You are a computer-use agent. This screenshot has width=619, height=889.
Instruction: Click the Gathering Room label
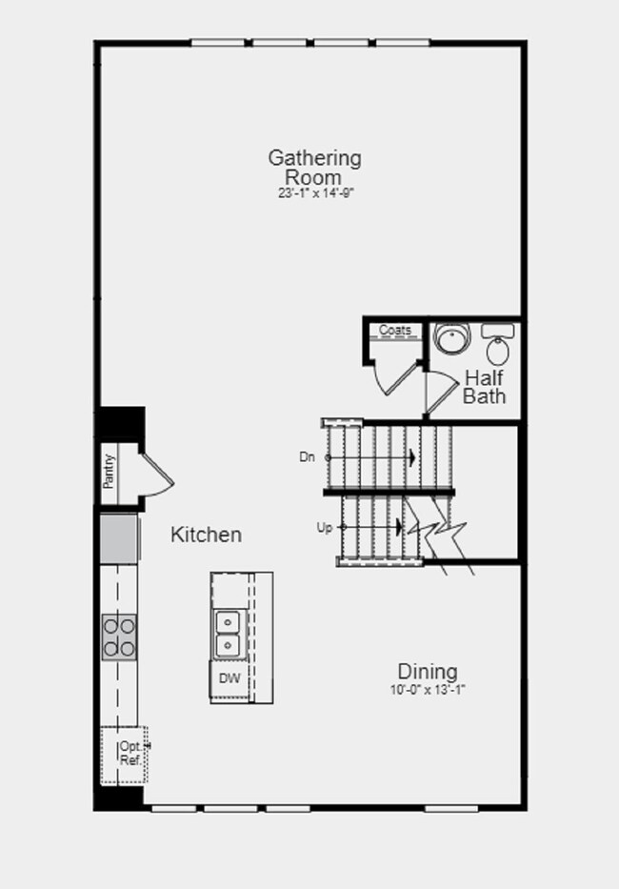pyautogui.click(x=314, y=168)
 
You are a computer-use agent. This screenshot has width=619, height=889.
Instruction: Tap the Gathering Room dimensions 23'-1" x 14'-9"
pyautogui.click(x=316, y=193)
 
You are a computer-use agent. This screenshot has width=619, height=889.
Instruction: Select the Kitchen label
pyautogui.click(x=207, y=535)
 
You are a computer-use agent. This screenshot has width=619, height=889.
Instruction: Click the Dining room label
pyautogui.click(x=428, y=672)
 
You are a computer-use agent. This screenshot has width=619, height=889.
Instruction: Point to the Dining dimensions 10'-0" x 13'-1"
pyautogui.click(x=428, y=690)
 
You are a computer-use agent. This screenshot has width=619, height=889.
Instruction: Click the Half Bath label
pyautogui.click(x=484, y=387)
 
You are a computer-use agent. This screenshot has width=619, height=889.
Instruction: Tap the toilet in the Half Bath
pyautogui.click(x=498, y=344)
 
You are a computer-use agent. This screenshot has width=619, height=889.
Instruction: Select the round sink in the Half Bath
pyautogui.click(x=452, y=337)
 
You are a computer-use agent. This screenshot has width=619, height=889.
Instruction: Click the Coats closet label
pyautogui.click(x=395, y=330)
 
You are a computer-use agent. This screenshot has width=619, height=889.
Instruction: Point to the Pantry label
pyautogui.click(x=109, y=472)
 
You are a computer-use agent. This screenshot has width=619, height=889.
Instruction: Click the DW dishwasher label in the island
pyautogui.click(x=230, y=678)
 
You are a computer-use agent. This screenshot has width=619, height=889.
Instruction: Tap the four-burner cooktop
pyautogui.click(x=120, y=637)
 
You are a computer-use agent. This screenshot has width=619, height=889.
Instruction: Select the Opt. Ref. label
pyautogui.click(x=130, y=754)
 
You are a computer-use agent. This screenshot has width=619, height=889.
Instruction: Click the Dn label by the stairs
pyautogui.click(x=307, y=457)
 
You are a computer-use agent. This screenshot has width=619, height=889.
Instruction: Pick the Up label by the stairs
pyautogui.click(x=324, y=528)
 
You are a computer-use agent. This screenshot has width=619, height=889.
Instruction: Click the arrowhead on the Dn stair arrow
pyautogui.click(x=413, y=457)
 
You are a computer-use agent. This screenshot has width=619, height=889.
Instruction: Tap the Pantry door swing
pyautogui.click(x=159, y=475)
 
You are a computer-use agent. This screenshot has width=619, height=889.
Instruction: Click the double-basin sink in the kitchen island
pyautogui.click(x=228, y=634)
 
